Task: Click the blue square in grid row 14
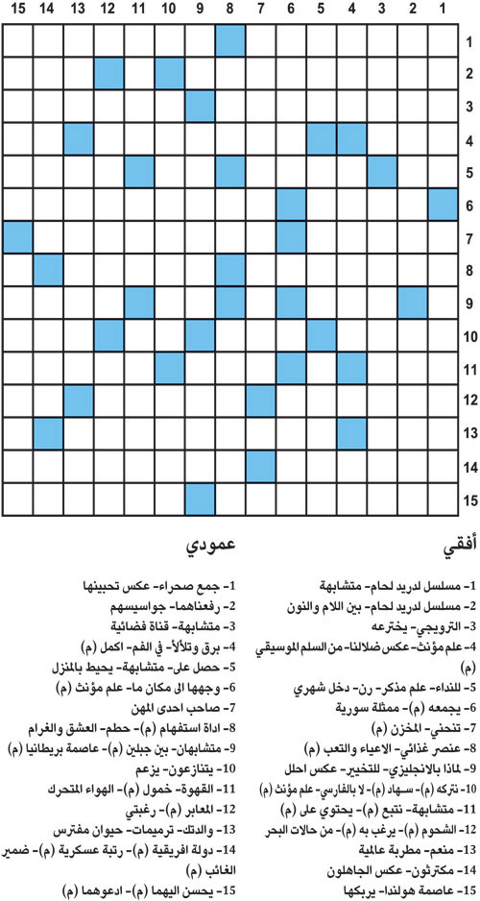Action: point(260,466)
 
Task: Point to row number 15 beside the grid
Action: point(469,499)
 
